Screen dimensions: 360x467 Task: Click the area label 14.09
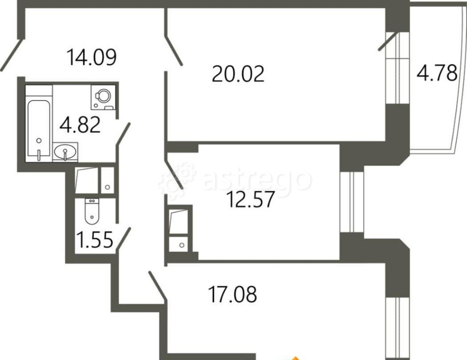(91, 57)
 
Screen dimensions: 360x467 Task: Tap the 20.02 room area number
(238, 74)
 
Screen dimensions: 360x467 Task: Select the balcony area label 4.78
(436, 74)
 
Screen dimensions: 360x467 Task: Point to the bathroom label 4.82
(80, 126)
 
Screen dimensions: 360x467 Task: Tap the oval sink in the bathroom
(65, 152)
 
